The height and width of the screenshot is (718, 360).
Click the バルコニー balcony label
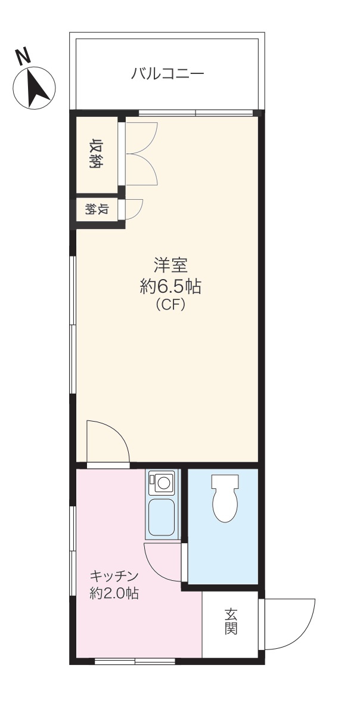point(167,74)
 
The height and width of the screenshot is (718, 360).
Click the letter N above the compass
point(23,57)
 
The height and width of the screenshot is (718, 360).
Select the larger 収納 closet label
point(95,154)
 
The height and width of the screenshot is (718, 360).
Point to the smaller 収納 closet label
point(96,210)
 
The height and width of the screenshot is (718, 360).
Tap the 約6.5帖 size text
point(170,287)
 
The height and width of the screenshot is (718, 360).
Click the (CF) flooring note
point(170,305)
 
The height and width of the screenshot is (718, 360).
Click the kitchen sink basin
point(161,518)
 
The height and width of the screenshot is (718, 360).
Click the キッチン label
point(114,577)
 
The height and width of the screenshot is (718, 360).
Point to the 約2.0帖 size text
point(114,594)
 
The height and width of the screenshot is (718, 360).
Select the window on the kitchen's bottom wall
point(135,661)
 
